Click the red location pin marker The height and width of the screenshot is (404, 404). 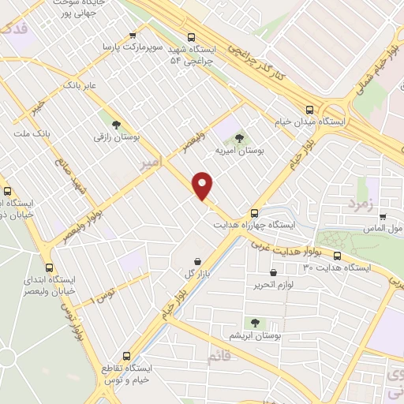pyautogui.click(x=204, y=185)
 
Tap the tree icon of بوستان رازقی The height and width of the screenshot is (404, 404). pyautogui.click(x=116, y=124)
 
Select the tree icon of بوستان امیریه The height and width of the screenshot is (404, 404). pyautogui.click(x=240, y=137)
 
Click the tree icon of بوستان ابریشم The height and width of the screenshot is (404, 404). pyautogui.click(x=254, y=321)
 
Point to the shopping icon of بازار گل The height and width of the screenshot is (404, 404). pyautogui.click(x=196, y=260)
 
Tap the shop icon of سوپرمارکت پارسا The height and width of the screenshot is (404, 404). pyautogui.click(x=132, y=35)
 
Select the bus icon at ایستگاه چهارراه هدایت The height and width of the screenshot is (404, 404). pyautogui.click(x=254, y=212)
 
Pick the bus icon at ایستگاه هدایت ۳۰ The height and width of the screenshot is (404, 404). pyautogui.click(x=337, y=256)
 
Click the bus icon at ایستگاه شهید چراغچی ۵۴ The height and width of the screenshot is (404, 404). pyautogui.click(x=191, y=36)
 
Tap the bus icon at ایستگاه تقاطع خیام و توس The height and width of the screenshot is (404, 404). pyautogui.click(x=125, y=356)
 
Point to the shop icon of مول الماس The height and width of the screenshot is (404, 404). pyautogui.click(x=383, y=216)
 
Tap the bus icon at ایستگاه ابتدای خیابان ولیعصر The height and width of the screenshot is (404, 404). pyautogui.click(x=50, y=267)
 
